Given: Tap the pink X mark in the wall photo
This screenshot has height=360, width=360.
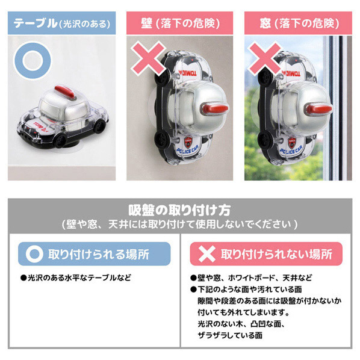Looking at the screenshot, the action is click(x=148, y=59).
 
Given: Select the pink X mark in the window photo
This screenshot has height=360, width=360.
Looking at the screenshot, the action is click(x=265, y=59).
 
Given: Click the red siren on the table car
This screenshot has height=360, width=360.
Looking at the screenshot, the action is click(x=65, y=91).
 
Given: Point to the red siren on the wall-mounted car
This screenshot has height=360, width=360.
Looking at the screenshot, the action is click(x=215, y=108).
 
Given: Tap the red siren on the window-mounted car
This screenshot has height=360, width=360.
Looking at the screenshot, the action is click(x=319, y=108).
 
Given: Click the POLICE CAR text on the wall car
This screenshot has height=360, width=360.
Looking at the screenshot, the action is click(x=188, y=149).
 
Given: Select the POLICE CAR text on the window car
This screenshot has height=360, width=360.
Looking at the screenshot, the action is click(x=291, y=150).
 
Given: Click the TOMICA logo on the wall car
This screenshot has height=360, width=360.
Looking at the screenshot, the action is click(x=188, y=73).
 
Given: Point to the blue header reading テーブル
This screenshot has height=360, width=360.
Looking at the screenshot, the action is click(x=61, y=23).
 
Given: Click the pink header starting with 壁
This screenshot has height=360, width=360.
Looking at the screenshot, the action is click(x=180, y=23).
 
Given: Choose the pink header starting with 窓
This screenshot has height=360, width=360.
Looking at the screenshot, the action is click(x=298, y=23).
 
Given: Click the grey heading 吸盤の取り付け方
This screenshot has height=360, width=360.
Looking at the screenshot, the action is click(x=179, y=210).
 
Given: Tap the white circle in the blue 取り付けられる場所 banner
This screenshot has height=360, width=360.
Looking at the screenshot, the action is click(x=34, y=254).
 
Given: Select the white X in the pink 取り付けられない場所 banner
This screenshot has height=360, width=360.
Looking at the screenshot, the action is click(x=207, y=254).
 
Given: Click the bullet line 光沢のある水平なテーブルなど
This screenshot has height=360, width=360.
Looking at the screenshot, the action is click(x=76, y=278).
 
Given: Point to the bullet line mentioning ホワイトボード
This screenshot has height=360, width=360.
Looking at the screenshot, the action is click(x=251, y=278).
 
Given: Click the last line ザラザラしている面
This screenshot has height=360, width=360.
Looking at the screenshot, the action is click(x=230, y=335).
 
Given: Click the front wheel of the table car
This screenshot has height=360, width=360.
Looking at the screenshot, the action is click(x=61, y=140).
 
